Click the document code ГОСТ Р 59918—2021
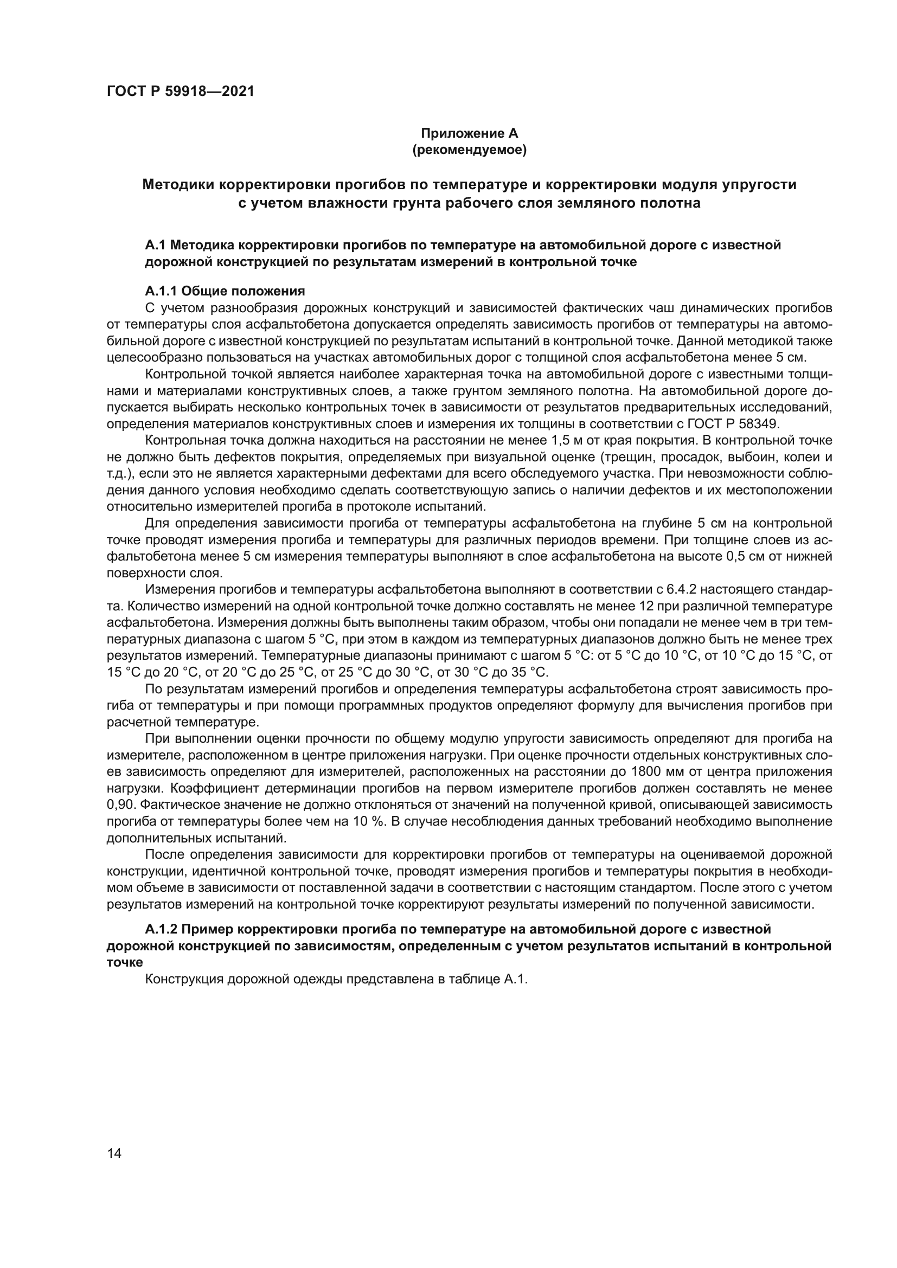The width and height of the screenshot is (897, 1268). click(181, 92)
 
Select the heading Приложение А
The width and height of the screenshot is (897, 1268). click(469, 133)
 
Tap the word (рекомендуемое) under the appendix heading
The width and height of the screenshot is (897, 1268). click(469, 150)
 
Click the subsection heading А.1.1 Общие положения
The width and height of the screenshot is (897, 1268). click(225, 291)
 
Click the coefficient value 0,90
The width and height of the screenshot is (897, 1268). click(120, 804)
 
